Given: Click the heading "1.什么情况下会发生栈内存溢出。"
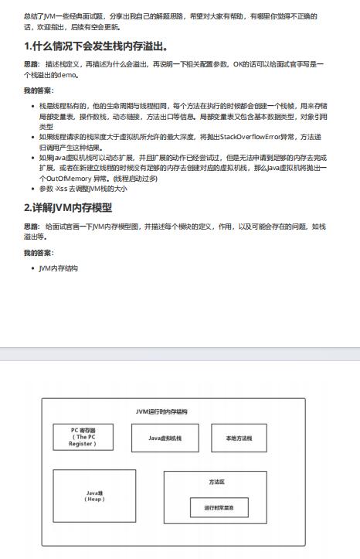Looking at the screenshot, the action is [97, 46].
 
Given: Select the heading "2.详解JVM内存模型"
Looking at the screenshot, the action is [68, 207].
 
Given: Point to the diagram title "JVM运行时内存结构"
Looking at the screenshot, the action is [161, 411].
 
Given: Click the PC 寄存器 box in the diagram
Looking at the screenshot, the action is [82, 438].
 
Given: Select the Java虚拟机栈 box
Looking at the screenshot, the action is [165, 438].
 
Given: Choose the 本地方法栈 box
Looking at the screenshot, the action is [239, 438].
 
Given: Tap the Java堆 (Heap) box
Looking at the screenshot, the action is [93, 496].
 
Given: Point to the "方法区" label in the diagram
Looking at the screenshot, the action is [216, 481].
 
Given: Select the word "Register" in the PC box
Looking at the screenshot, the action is [82, 444].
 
